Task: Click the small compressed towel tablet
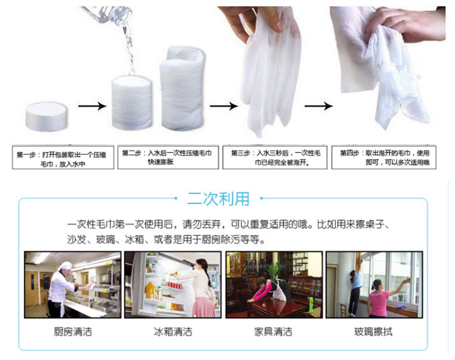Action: (45, 117)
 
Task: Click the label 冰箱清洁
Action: (172, 332)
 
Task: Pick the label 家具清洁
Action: (273, 332)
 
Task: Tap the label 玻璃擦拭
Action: (374, 332)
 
